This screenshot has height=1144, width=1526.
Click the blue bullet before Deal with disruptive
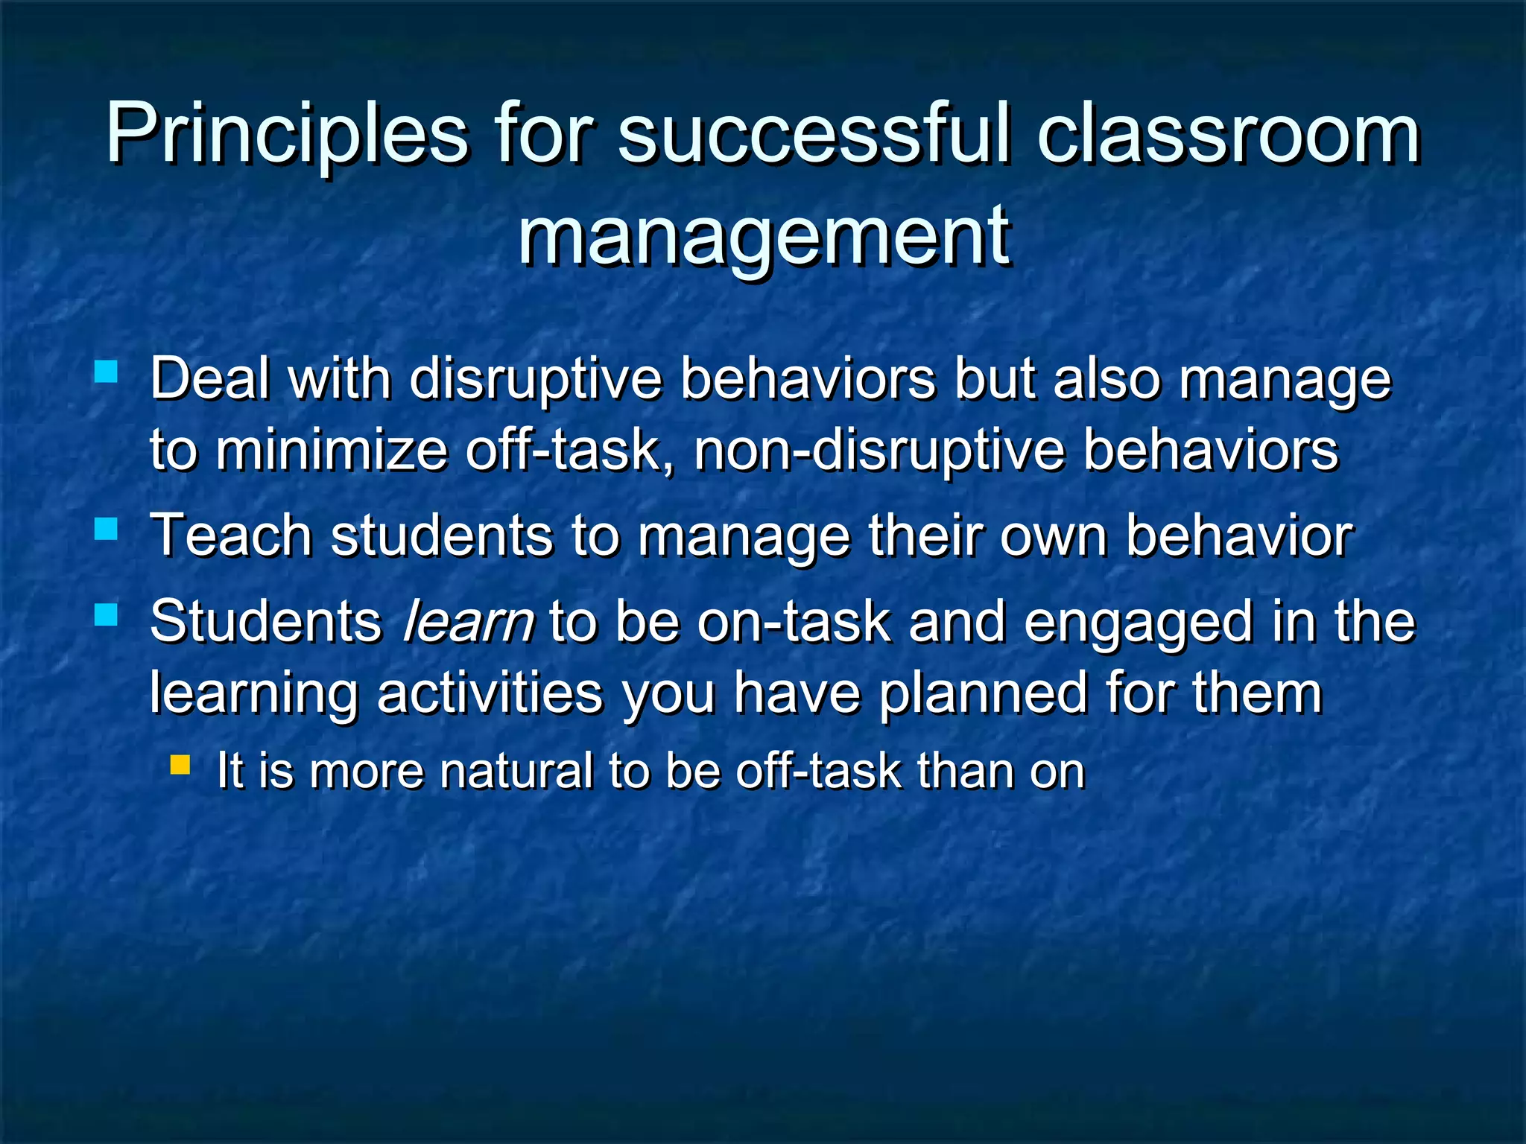tap(107, 371)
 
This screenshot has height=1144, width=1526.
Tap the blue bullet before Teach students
tap(107, 529)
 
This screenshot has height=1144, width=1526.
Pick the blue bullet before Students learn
tap(107, 614)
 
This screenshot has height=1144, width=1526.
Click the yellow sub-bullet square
tap(180, 764)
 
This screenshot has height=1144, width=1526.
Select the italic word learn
tap(468, 622)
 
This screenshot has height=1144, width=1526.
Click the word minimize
tap(332, 451)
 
